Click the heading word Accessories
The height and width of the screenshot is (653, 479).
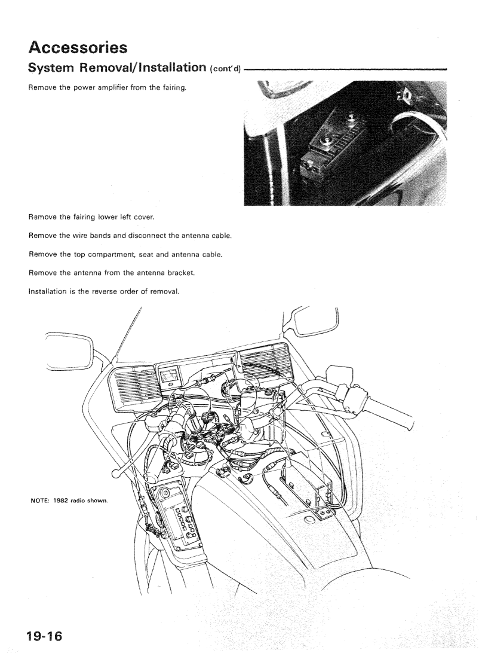(x=85, y=46)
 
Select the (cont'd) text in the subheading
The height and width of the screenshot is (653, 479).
(x=224, y=71)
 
